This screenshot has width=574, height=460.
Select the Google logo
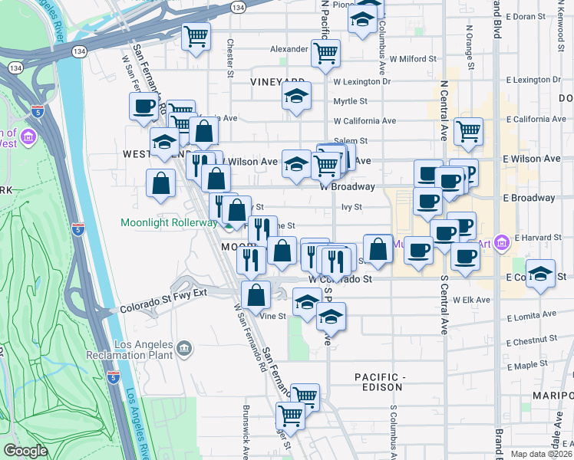coord(25,451)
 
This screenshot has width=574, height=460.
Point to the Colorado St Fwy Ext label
coord(163,309)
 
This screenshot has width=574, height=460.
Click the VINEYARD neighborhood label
coord(278,80)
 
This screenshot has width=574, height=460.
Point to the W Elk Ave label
coord(471,300)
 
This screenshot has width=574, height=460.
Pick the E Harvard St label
coord(539,238)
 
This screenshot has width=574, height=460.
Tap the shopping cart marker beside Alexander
coord(326,53)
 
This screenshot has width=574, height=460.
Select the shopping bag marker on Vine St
coord(256,294)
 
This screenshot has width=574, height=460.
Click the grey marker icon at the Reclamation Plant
coord(184,350)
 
